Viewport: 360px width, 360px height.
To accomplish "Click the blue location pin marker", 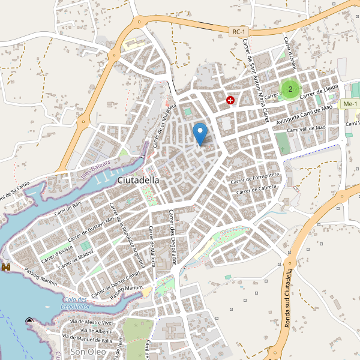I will click(x=200, y=132).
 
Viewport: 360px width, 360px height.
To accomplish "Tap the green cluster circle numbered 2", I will click(x=290, y=89).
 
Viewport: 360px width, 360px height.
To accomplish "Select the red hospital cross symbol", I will click(x=230, y=100).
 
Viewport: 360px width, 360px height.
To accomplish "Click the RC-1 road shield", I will click(x=239, y=32).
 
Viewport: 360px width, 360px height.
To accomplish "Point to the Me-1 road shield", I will click(x=349, y=104).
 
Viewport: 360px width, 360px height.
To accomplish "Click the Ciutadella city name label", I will click(x=139, y=179).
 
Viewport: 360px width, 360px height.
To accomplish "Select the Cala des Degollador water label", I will click(x=75, y=303).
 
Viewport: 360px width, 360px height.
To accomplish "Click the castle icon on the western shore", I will click(x=7, y=266).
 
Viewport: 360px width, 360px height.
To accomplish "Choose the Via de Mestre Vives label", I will click(x=92, y=322).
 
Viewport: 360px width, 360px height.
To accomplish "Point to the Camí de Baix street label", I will click(x=67, y=208).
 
